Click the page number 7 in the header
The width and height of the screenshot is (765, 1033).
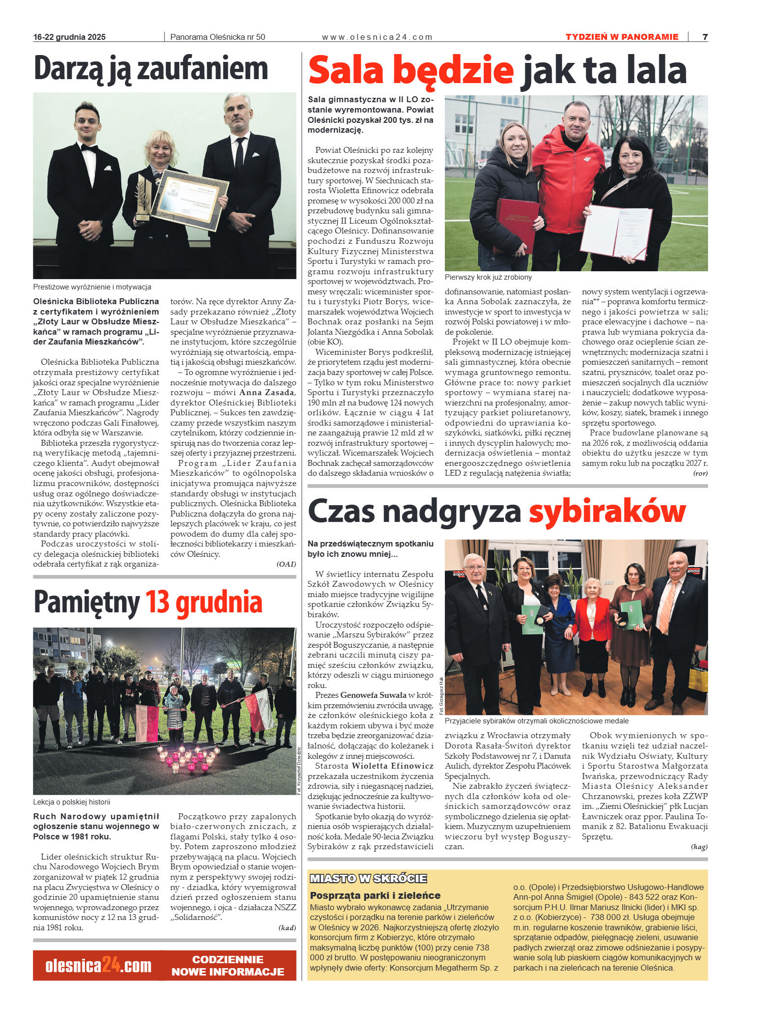coord(705,37)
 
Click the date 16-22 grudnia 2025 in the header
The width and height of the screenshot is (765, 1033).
coord(69,37)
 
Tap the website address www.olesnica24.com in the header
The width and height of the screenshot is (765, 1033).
coord(377,37)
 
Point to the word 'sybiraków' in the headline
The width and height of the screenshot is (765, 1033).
coord(607,511)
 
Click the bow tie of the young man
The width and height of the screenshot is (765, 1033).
coord(89,147)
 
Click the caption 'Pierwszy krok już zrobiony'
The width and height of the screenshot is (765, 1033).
coord(488,277)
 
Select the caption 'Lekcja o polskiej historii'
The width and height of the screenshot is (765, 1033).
coord(72,802)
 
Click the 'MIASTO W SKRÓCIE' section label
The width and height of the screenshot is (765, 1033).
coord(368,878)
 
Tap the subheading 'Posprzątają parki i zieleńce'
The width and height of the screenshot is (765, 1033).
coord(375,895)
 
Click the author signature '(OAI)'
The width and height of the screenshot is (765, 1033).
coord(286,564)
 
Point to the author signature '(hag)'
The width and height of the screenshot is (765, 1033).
coord(699,846)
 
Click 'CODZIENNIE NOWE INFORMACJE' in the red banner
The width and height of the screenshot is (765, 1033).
coord(228,966)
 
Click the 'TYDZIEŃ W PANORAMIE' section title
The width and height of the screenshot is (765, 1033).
coord(622,37)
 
